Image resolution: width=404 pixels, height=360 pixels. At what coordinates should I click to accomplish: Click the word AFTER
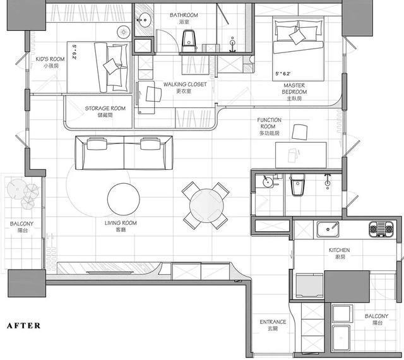[x=24, y=326]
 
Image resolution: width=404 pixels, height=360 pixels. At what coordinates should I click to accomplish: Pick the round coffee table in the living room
[x=124, y=200]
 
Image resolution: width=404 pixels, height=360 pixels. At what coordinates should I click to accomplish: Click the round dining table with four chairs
[x=206, y=205]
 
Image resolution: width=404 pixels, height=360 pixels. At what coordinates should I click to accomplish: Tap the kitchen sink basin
[x=328, y=229]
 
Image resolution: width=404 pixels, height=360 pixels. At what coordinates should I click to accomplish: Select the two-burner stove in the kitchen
[x=381, y=229]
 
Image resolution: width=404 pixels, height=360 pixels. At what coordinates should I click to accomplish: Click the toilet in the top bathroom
[x=189, y=41]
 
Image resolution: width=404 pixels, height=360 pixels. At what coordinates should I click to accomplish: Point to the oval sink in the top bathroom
[x=144, y=20]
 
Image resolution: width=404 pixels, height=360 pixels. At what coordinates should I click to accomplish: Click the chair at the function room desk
[x=300, y=132]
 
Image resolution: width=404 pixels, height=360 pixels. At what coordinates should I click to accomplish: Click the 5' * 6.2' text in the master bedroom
[x=283, y=74]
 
